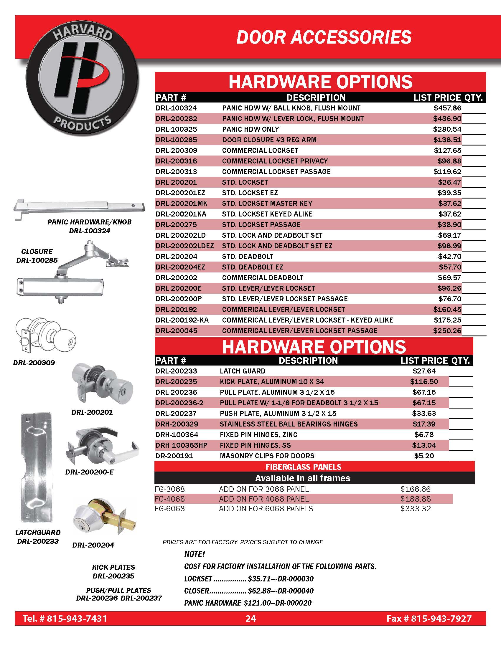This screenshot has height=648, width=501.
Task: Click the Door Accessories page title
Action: click(x=324, y=37)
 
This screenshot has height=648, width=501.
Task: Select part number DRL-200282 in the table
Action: click(x=176, y=119)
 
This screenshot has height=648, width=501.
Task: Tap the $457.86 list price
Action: click(x=447, y=108)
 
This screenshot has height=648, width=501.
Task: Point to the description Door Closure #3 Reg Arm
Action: click(x=269, y=140)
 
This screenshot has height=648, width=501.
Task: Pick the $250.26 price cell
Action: click(x=447, y=330)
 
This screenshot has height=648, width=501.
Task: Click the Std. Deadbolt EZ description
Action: click(x=252, y=267)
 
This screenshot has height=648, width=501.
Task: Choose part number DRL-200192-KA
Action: click(x=182, y=320)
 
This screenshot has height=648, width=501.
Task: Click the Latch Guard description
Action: click(x=243, y=371)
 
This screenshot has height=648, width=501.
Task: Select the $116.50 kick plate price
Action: click(x=424, y=381)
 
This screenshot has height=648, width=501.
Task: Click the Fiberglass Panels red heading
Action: click(x=303, y=467)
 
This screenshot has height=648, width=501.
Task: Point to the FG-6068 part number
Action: click(x=170, y=509)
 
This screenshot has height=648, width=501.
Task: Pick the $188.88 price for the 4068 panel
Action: click(x=416, y=499)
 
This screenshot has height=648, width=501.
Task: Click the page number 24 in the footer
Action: click(x=250, y=619)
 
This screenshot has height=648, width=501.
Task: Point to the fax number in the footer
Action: click(x=429, y=619)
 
